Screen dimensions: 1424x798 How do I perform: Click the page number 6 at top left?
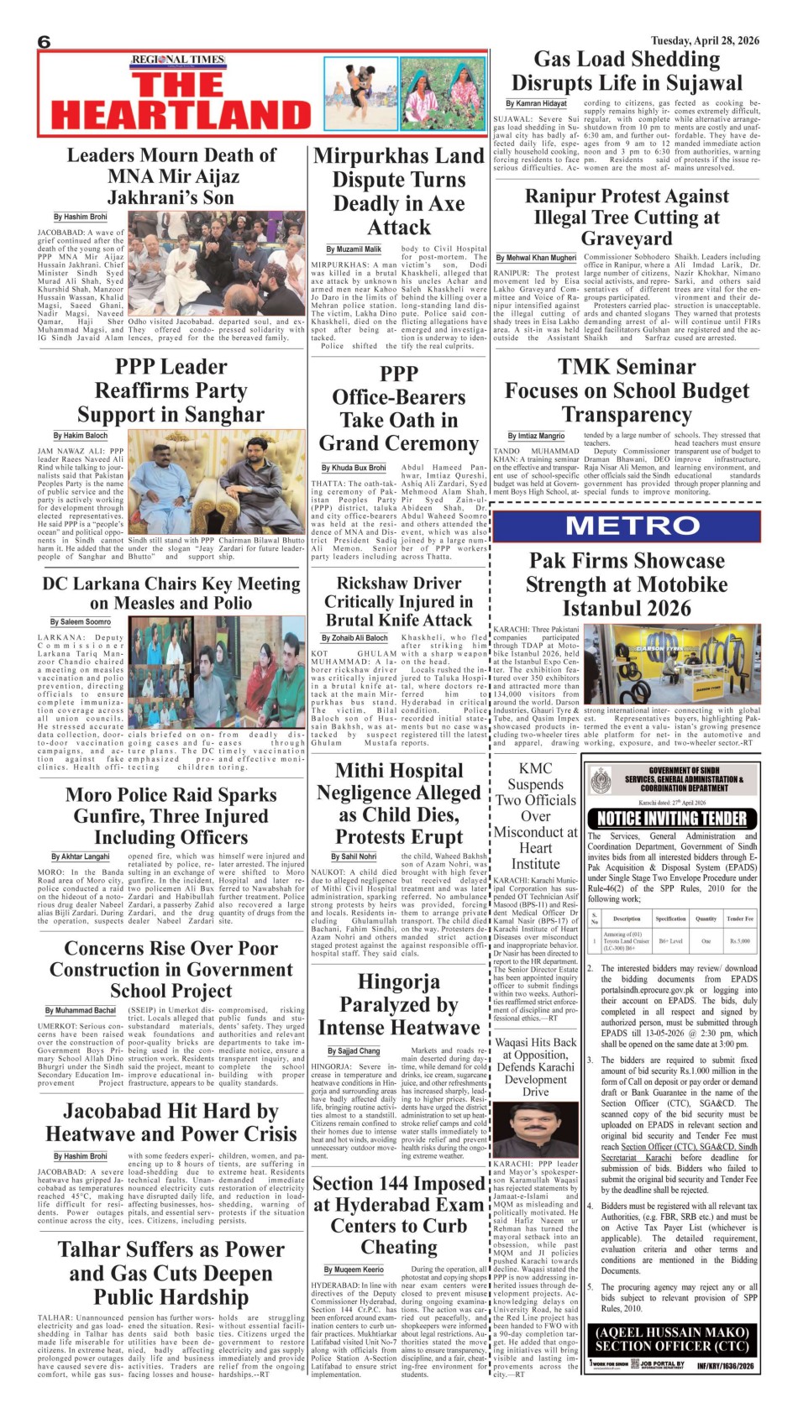click(x=45, y=43)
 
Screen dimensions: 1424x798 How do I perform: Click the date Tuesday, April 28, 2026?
click(x=705, y=40)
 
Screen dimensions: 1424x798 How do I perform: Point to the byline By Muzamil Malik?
click(x=354, y=249)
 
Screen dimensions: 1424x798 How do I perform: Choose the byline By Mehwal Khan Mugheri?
click(x=536, y=258)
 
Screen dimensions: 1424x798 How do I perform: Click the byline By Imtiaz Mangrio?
click(x=536, y=436)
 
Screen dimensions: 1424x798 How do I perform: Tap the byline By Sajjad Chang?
click(x=354, y=1050)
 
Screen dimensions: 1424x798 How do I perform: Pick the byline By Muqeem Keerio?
click(x=354, y=1270)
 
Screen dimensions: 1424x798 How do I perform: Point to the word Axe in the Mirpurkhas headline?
click(x=446, y=204)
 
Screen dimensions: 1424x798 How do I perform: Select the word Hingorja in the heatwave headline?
click(x=398, y=982)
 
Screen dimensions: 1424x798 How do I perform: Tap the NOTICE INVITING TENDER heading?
click(x=671, y=819)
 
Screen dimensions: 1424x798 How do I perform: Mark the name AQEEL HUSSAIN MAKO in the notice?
click(x=671, y=1332)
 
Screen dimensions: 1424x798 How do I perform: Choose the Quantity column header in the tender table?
click(x=706, y=919)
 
